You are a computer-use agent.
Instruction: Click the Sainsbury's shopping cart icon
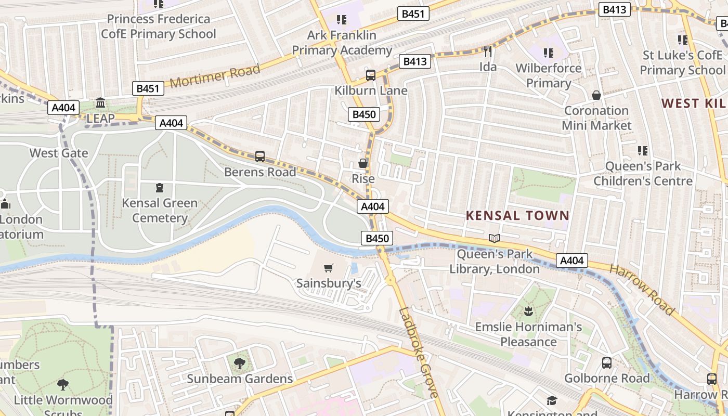328,268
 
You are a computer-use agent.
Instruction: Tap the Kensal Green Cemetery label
160,210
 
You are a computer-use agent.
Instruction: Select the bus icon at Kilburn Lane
371,75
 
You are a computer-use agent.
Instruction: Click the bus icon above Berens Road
260,156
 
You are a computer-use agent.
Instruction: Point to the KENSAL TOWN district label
517,215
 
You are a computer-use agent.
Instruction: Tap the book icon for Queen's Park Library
495,239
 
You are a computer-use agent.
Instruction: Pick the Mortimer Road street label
215,76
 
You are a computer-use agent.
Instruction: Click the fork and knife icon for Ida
488,51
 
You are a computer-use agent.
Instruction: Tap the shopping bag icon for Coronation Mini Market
596,95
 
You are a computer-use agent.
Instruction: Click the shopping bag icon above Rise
363,163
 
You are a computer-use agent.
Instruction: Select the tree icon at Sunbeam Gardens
240,363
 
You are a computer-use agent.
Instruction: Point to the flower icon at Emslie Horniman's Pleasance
528,311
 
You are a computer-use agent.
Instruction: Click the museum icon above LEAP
100,103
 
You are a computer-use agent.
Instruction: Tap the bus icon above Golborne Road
607,362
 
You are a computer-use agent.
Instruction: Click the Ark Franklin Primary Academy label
342,43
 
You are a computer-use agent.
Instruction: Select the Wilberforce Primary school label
548,75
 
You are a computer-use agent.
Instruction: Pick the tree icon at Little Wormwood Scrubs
63,385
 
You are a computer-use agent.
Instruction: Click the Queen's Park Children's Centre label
643,174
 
